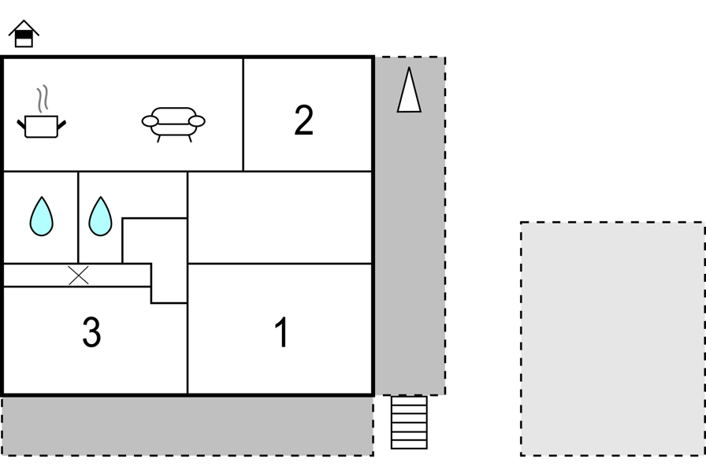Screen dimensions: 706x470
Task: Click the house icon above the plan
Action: [x=24, y=34]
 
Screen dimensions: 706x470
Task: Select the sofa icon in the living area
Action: [x=173, y=124]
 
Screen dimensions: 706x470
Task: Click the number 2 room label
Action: [x=304, y=120]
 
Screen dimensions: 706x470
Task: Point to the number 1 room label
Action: [x=282, y=332]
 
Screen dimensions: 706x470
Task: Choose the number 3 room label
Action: [x=91, y=332]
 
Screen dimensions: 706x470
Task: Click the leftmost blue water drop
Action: [x=42, y=216]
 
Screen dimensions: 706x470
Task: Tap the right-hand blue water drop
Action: [x=100, y=216]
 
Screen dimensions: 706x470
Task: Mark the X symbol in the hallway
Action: [x=78, y=276]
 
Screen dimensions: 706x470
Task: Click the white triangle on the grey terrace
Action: [x=409, y=90]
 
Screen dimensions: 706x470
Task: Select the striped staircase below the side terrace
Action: [x=409, y=422]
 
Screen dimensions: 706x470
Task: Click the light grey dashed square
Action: [x=613, y=339]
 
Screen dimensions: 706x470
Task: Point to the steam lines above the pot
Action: [x=43, y=98]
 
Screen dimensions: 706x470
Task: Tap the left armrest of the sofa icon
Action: [x=150, y=121]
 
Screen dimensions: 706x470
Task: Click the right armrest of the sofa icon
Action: [x=197, y=121]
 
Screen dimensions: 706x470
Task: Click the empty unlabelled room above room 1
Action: [x=280, y=217]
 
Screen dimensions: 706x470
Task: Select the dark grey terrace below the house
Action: [x=188, y=426]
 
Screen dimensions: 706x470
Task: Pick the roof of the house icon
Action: [x=24, y=27]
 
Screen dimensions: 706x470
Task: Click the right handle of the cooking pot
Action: [x=61, y=125]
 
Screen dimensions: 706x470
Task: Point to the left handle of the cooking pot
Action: [x=21, y=125]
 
